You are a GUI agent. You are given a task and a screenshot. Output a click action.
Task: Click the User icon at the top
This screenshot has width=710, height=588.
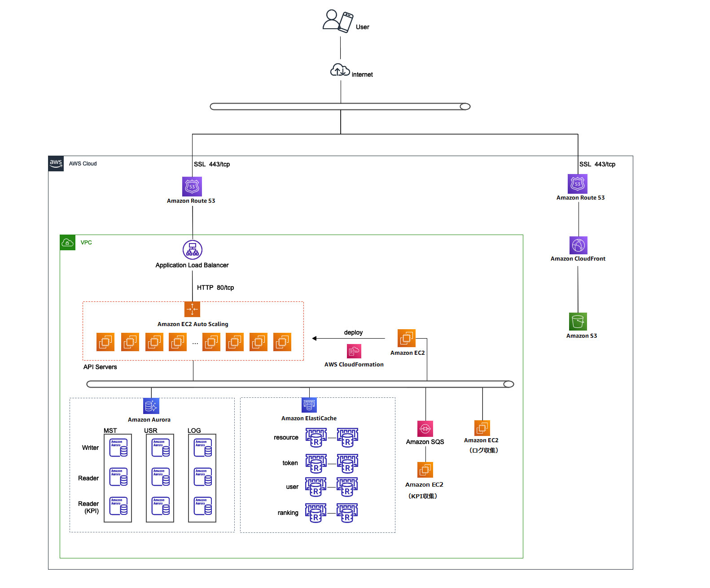point(337,21)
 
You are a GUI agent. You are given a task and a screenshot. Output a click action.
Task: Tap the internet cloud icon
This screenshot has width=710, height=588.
point(340,70)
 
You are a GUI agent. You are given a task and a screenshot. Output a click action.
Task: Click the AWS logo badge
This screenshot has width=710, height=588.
point(56,164)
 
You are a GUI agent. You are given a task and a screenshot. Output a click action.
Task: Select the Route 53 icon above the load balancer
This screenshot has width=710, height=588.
point(192,186)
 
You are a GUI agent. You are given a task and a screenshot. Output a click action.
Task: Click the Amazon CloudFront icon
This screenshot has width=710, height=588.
point(578,245)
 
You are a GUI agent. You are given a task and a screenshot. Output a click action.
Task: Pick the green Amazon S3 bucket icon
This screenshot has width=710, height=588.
point(578,322)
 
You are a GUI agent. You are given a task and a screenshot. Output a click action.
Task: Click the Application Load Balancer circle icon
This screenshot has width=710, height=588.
point(193,250)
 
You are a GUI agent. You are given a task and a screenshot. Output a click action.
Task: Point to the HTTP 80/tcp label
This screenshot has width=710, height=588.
point(215,287)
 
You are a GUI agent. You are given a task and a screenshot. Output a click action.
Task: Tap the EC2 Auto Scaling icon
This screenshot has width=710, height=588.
point(193,309)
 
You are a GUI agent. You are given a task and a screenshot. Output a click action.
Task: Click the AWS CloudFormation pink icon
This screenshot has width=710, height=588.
point(354,351)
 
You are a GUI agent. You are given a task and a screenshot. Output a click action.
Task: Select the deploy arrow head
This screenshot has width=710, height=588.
point(315,338)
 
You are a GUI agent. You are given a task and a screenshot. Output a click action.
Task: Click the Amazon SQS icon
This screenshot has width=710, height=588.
point(425,428)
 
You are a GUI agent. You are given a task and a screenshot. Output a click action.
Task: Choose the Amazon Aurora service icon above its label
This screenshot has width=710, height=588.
point(151,406)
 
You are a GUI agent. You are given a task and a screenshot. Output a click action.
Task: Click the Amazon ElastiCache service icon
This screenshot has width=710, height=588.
point(309,405)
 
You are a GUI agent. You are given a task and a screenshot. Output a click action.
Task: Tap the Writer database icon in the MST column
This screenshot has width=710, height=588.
point(118,448)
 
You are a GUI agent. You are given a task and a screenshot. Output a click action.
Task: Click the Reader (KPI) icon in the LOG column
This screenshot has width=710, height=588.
point(203,506)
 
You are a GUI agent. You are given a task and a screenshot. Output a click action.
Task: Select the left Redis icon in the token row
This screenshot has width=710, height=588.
point(316,464)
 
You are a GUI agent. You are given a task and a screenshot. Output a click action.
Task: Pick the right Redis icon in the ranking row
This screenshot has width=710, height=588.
point(347,513)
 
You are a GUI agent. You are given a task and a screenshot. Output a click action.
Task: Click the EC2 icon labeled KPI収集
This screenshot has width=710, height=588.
point(425,470)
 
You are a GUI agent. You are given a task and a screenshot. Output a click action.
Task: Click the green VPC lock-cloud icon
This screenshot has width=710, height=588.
point(67,243)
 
